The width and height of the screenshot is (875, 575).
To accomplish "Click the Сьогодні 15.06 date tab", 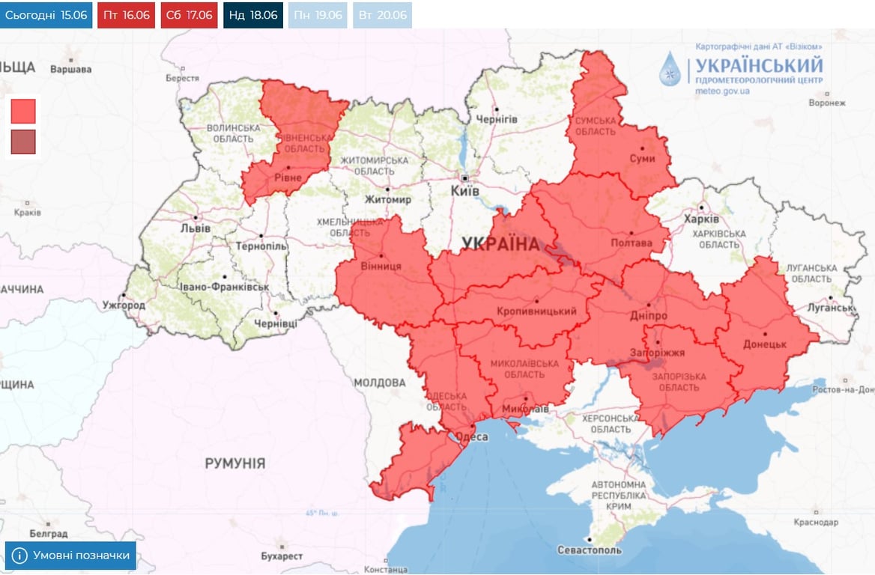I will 45,15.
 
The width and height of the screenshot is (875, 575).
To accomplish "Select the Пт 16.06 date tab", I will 126,15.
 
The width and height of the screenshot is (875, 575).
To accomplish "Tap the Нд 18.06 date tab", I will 252,15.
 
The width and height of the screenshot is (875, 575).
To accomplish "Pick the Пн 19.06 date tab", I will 318,15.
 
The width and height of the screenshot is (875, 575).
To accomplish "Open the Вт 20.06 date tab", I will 382,15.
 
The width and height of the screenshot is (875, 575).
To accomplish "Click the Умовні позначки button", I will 71,556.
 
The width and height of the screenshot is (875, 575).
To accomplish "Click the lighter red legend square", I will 23,111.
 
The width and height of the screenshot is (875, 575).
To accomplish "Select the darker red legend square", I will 23,142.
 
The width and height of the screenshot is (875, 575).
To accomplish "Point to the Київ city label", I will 464,192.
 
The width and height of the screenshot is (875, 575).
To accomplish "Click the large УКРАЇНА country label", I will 500,244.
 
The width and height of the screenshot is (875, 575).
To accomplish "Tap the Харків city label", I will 701,219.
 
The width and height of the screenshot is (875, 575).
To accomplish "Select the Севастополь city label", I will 590,550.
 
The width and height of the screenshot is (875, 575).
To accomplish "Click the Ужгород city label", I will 124,305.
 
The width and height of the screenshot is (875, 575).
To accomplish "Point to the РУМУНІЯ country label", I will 234,463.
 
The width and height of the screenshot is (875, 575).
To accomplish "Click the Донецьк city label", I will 764,344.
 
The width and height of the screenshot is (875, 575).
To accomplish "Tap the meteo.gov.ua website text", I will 722,91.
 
